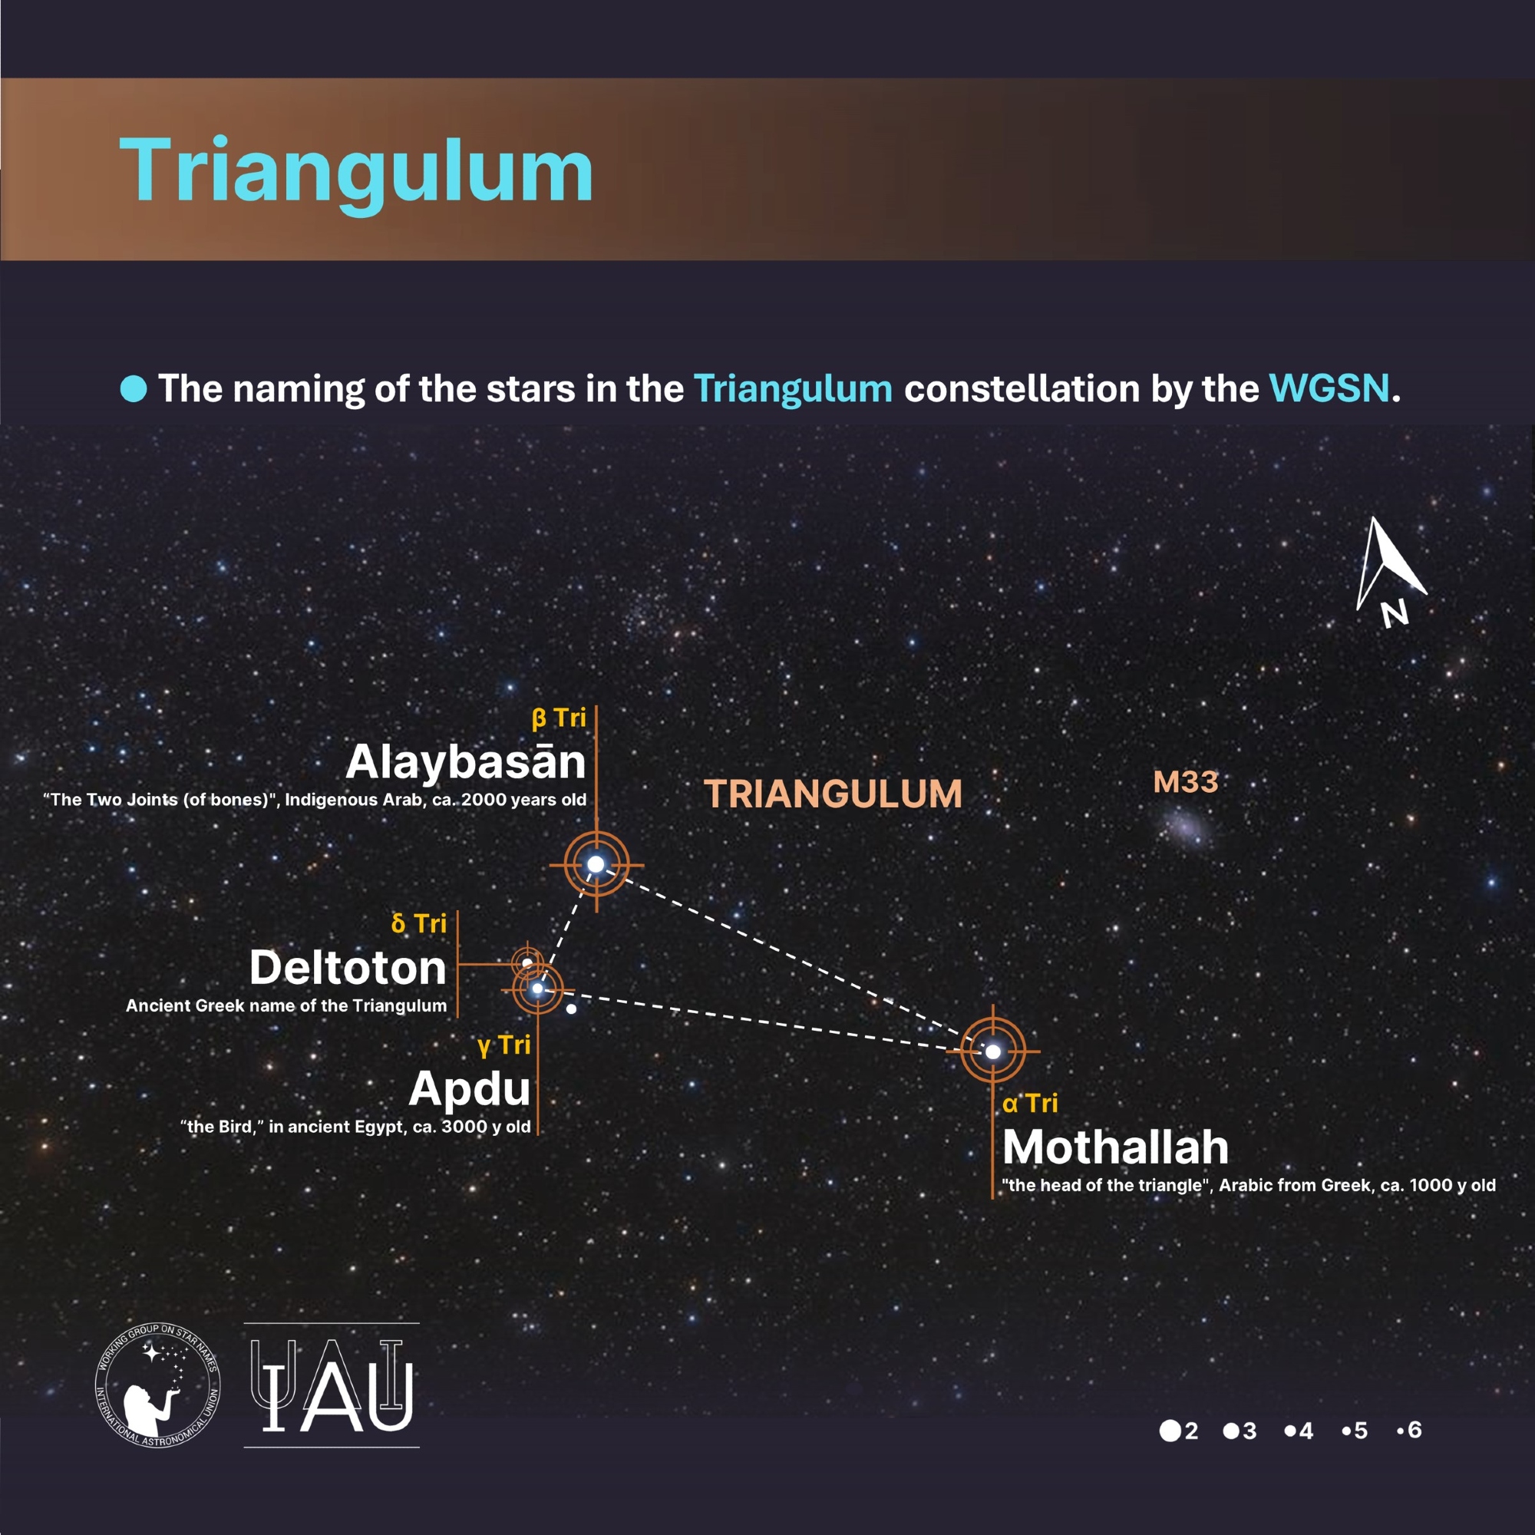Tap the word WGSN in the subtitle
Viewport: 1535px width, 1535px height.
[x=1329, y=388]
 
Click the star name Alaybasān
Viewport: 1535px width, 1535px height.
[x=466, y=761]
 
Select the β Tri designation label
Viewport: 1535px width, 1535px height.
[x=559, y=718]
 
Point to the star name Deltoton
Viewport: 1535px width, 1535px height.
[x=348, y=968]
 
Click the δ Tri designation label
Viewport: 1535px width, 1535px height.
[x=419, y=923]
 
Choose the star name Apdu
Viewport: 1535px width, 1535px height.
[x=470, y=1089]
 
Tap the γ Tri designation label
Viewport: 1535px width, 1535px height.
[x=504, y=1045]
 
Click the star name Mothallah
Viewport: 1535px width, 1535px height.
[x=1115, y=1147]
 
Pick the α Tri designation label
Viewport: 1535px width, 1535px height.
[x=1030, y=1103]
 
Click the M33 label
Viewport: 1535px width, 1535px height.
[x=1186, y=782]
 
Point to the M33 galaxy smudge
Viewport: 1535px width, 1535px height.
[x=1186, y=828]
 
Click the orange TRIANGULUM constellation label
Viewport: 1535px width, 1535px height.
[x=833, y=794]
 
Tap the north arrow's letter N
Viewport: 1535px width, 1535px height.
[x=1395, y=613]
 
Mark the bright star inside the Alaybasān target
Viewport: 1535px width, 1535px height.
[x=596, y=863]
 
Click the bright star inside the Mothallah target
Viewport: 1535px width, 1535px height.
[x=993, y=1051]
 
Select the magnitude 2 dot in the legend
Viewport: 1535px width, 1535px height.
[x=1170, y=1431]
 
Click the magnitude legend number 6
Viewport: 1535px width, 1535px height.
[x=1415, y=1430]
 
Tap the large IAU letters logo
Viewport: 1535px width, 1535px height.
[x=332, y=1385]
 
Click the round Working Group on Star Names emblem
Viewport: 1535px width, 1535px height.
[x=158, y=1385]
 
